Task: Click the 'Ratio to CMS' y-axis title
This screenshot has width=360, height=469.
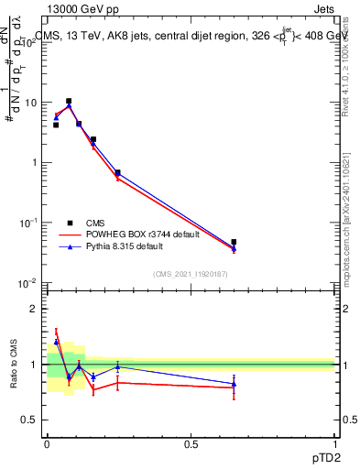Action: tap(13, 365)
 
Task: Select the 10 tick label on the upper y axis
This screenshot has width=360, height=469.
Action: tap(31, 103)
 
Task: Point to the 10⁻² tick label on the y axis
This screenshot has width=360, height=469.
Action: tap(29, 282)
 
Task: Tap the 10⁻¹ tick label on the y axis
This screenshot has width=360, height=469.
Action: tap(29, 223)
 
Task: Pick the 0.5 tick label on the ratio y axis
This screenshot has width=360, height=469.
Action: tap(31, 420)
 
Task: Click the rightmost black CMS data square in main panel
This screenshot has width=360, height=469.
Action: tap(234, 242)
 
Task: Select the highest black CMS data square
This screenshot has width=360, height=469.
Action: tap(69, 101)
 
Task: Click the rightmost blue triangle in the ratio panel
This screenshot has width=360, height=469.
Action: tap(234, 384)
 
